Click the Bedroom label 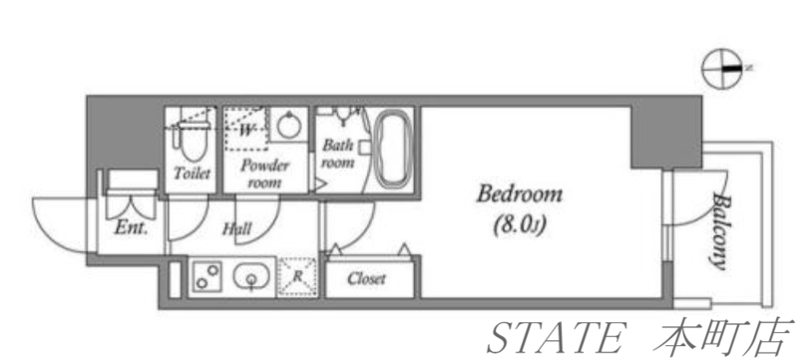pyautogui.click(x=519, y=194)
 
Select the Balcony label pyautogui.click(x=718, y=230)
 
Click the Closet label pyautogui.click(x=367, y=278)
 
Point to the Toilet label pyautogui.click(x=192, y=173)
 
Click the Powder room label pyautogui.click(x=264, y=174)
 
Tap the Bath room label pyautogui.click(x=338, y=154)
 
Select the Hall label pyautogui.click(x=237, y=229)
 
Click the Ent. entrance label pyautogui.click(x=131, y=227)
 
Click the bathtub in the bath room pyautogui.click(x=392, y=148)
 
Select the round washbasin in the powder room pyautogui.click(x=288, y=124)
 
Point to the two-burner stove pyautogui.click(x=207, y=276)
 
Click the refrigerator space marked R pyautogui.click(x=297, y=277)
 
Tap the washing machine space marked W pyautogui.click(x=246, y=130)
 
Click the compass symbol pyautogui.click(x=721, y=69)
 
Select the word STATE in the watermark pyautogui.click(x=556, y=337)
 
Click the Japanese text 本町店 pyautogui.click(x=723, y=337)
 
